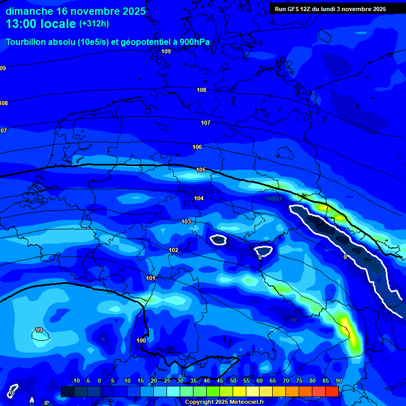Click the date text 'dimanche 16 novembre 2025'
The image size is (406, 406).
pos(76,11)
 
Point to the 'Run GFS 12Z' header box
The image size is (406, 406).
pos(330,9)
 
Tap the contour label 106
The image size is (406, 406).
pos(197,147)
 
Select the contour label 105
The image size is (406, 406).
pos(201,170)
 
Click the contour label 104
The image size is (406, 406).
pos(199,198)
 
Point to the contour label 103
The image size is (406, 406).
pos(186,222)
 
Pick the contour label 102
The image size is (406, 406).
pos(173,250)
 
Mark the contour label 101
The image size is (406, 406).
pos(151,278)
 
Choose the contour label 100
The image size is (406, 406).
pos(141,340)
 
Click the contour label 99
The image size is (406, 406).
pos(39,330)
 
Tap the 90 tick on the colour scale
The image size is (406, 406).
pos(338,381)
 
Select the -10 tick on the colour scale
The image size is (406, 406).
pos(75,381)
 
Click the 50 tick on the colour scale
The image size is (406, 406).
pos(233,381)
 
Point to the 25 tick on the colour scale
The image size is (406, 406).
pos(167,381)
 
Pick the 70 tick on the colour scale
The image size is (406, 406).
pos(286,381)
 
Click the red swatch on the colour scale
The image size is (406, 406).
pos(332,391)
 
